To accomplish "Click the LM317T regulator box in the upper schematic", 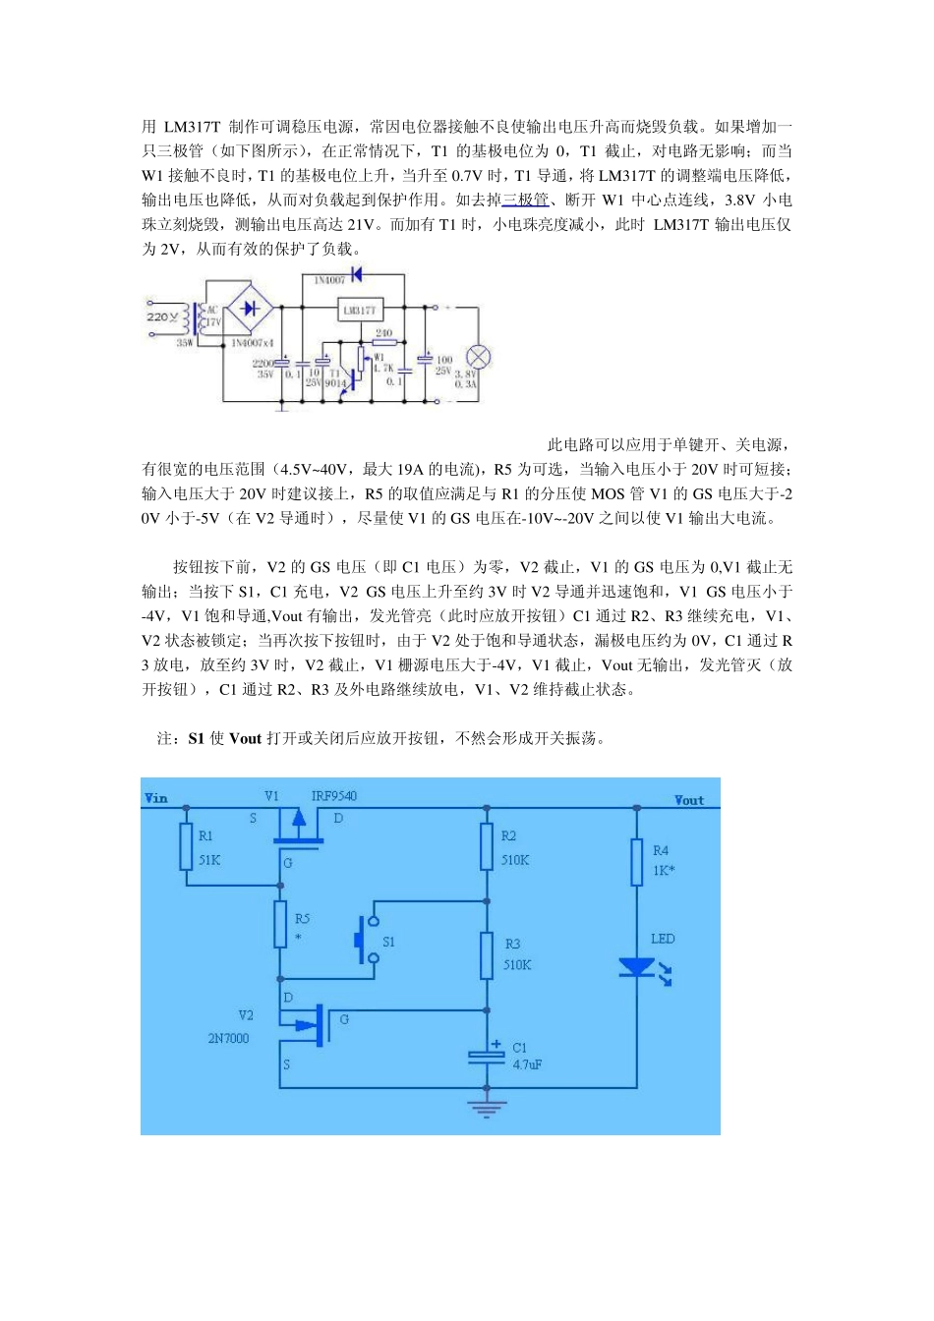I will pyautogui.click(x=359, y=310).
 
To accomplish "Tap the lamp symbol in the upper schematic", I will pyautogui.click(x=478, y=357).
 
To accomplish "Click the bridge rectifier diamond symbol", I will pyautogui.click(x=251, y=308).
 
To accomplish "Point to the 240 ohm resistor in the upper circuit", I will pyautogui.click(x=383, y=343).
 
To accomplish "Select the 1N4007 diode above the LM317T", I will pyautogui.click(x=356, y=274).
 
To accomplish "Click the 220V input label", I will pyautogui.click(x=162, y=317).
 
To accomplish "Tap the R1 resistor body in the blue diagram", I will pyautogui.click(x=186, y=846).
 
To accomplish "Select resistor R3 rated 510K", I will pyautogui.click(x=487, y=954).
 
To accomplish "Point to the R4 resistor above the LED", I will pyautogui.click(x=637, y=861).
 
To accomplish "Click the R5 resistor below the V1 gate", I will pyautogui.click(x=280, y=924).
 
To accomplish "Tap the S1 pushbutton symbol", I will pyautogui.click(x=365, y=941).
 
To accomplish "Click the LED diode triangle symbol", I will pyautogui.click(x=637, y=967).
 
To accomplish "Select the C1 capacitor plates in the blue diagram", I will pyautogui.click(x=487, y=1056).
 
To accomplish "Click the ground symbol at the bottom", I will pyautogui.click(x=487, y=1107).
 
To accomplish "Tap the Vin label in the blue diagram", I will pyautogui.click(x=156, y=798).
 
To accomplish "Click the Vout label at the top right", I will pyautogui.click(x=688, y=800).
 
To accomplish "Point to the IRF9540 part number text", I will pyautogui.click(x=333, y=795).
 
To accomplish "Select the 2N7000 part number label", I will pyautogui.click(x=228, y=1038).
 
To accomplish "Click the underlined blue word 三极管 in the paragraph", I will pyautogui.click(x=525, y=200).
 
